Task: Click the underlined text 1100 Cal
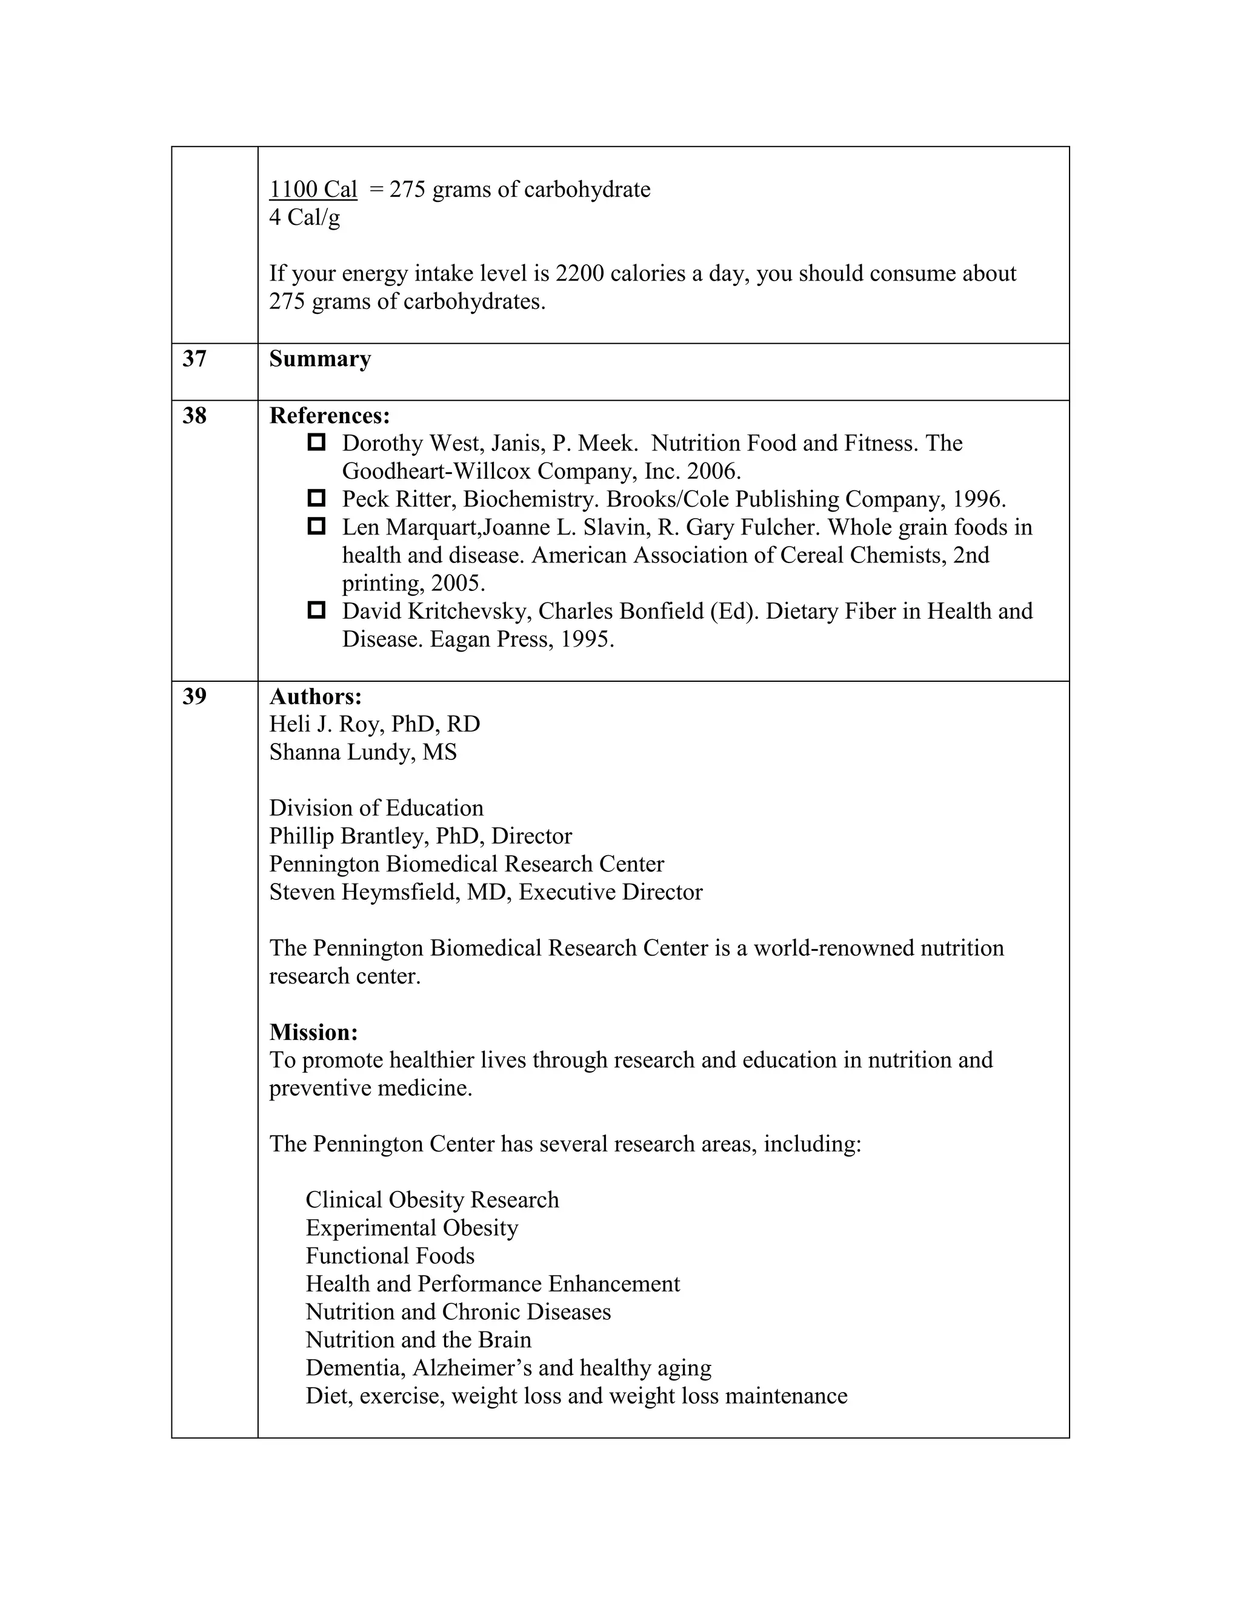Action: point(313,190)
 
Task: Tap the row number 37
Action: point(195,359)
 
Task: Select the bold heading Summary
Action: point(320,359)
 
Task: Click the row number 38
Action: point(195,416)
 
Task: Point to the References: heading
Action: point(330,416)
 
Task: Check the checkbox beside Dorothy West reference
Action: point(316,442)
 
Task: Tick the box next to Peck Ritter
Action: point(316,499)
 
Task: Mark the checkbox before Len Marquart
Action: point(316,527)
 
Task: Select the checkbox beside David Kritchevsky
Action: point(316,610)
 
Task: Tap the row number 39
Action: point(195,696)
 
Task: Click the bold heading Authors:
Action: point(315,696)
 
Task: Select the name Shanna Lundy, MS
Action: point(362,752)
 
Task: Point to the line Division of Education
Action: point(376,808)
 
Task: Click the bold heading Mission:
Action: point(313,1033)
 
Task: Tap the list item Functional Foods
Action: point(390,1256)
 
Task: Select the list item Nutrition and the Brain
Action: point(418,1340)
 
